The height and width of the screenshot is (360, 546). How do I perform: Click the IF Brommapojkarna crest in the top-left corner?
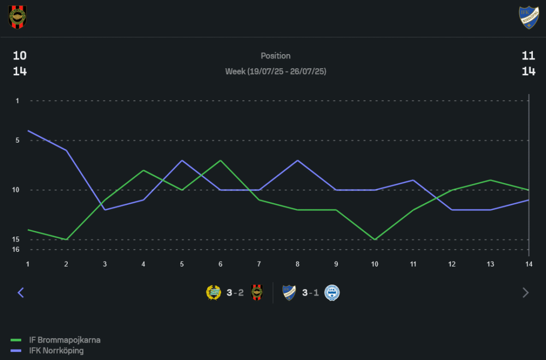[17, 17]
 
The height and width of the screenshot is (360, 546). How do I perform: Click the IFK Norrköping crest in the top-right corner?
[529, 17]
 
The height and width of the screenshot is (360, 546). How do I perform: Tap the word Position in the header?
[276, 56]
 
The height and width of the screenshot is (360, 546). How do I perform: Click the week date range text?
[276, 72]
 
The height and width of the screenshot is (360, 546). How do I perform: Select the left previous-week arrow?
[21, 293]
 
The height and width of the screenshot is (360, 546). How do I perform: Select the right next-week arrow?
[526, 293]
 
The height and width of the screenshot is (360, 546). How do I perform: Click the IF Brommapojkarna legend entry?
[64, 340]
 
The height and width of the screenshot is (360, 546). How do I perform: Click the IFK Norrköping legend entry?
[56, 351]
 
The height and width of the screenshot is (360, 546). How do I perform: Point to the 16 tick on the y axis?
[17, 250]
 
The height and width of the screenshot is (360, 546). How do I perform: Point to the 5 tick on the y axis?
[17, 140]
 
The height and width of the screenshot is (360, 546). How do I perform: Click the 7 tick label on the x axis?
[259, 264]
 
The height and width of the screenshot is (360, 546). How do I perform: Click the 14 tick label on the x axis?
[529, 264]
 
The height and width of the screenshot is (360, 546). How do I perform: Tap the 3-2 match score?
[235, 293]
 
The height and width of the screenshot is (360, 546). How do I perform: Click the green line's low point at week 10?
[375, 239]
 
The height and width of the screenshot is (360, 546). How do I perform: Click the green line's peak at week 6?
[221, 160]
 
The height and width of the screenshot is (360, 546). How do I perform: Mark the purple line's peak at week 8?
[298, 160]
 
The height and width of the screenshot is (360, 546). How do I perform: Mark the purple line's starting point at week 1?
[28, 131]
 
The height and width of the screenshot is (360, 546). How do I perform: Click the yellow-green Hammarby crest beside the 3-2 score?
[213, 293]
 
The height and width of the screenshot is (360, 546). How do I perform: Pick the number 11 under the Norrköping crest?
[529, 56]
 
